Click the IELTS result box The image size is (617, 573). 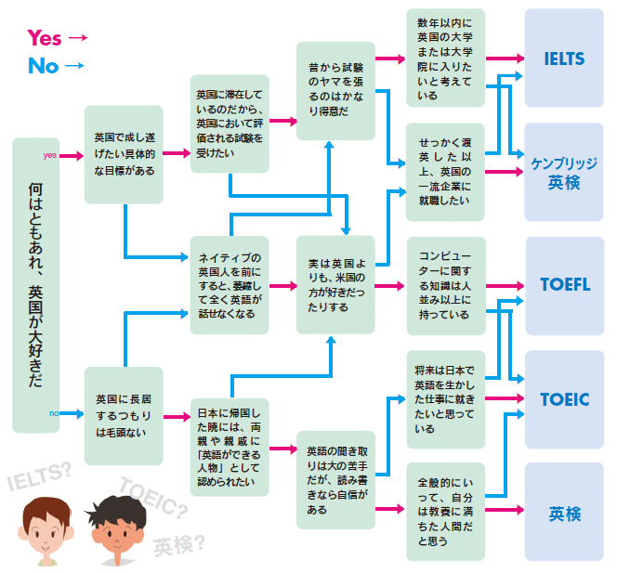[564, 59]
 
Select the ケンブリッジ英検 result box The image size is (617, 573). [564, 172]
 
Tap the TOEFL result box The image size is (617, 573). [564, 285]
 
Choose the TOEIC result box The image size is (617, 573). [564, 399]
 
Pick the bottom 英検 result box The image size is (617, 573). [564, 512]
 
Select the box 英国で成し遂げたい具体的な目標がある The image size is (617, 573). [124, 154]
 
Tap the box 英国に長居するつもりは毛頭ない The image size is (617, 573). [124, 415]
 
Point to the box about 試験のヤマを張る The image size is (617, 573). [335, 90]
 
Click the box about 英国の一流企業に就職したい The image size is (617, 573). [445, 172]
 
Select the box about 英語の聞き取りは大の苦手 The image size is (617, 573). [335, 478]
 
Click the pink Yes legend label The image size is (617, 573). [44, 37]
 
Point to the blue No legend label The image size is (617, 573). [43, 65]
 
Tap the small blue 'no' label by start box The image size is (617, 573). [53, 412]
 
